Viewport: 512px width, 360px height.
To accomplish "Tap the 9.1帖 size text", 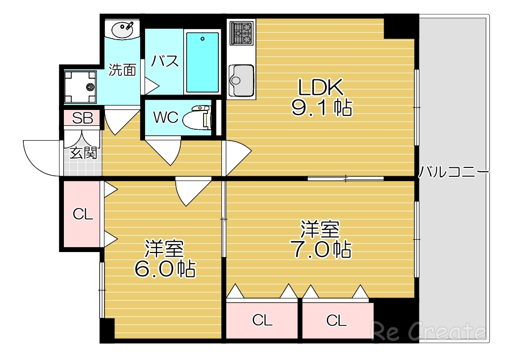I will point(321,107).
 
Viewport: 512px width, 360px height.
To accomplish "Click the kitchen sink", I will point(241,80).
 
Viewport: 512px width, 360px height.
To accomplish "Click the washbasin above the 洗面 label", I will point(123,29).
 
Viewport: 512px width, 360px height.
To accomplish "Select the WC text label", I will point(165,118).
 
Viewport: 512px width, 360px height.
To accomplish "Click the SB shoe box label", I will point(82,118).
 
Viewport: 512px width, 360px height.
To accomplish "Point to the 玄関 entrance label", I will point(83,153).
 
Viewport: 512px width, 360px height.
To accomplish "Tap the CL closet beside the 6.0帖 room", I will point(83,214).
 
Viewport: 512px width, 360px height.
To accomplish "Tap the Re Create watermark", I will point(429,331).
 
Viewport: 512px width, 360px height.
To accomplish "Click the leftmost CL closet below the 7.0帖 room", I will point(262,320).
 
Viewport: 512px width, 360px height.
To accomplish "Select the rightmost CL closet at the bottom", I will point(337,320).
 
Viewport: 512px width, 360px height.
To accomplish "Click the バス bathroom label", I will point(164,61).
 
